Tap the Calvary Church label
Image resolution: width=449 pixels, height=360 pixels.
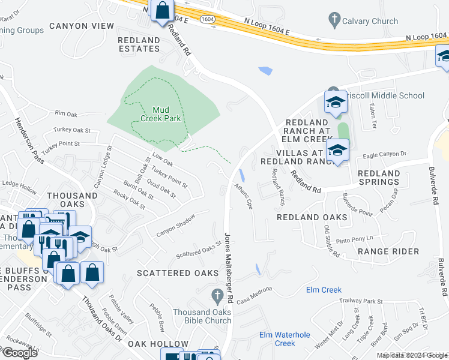[370, 21]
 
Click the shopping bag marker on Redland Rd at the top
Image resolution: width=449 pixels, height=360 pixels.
[162, 11]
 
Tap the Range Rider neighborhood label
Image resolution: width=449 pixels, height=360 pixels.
[388, 251]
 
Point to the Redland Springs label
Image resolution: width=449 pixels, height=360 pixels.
[378, 178]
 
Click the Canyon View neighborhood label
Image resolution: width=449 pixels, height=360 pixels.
[82, 26]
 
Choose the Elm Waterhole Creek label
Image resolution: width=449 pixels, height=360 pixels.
[285, 339]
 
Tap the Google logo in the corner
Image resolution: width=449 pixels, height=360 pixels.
[19, 352]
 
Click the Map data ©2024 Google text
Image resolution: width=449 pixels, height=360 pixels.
[411, 355]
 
